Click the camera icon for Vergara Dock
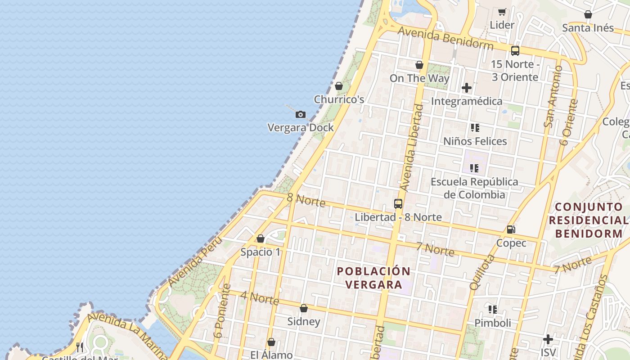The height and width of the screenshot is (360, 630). click(x=301, y=115)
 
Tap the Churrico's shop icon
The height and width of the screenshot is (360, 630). click(x=339, y=86)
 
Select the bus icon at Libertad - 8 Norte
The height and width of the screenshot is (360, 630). click(x=398, y=204)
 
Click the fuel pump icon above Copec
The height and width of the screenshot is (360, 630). click(x=511, y=229)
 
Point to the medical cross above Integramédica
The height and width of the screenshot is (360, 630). click(x=467, y=88)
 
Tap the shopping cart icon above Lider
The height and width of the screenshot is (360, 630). click(x=502, y=12)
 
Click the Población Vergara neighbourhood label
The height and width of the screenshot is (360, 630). click(x=373, y=278)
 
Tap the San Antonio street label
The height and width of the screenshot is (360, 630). click(x=553, y=97)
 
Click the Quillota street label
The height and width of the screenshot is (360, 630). click(x=482, y=272)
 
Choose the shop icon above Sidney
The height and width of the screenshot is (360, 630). click(x=304, y=308)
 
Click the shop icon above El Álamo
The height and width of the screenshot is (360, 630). click(x=271, y=342)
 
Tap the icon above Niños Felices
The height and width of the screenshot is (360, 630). click(x=475, y=128)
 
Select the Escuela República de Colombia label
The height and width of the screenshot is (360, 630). click(x=474, y=188)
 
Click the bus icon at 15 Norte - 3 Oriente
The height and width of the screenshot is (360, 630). click(x=515, y=51)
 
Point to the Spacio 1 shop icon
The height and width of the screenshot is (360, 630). click(x=261, y=238)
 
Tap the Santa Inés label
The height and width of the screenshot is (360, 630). click(x=588, y=28)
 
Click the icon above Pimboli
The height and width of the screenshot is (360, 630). click(x=493, y=310)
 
